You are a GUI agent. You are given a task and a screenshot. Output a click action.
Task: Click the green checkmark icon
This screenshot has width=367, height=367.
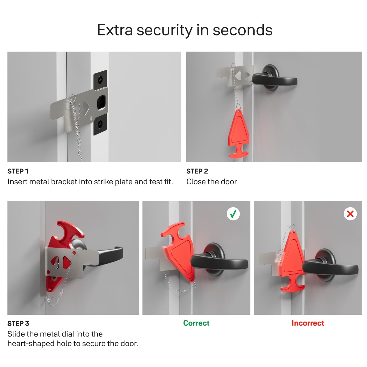(x=233, y=214)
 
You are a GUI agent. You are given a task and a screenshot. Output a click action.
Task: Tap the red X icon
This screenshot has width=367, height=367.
(x=350, y=214)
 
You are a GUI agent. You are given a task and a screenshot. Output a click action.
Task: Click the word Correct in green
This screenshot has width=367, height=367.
(x=196, y=323)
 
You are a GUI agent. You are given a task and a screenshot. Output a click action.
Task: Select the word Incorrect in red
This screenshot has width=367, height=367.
(x=307, y=323)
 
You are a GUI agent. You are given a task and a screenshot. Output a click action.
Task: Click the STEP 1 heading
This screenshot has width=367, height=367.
(x=18, y=171)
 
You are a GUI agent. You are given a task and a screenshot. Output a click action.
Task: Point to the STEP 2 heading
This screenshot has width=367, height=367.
(x=197, y=171)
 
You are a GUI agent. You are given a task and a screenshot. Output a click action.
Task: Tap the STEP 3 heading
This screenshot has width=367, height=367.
(x=18, y=323)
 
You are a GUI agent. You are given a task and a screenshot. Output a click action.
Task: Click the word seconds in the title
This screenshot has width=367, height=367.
(x=243, y=30)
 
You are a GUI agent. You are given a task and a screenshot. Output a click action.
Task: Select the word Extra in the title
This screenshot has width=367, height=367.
(x=115, y=30)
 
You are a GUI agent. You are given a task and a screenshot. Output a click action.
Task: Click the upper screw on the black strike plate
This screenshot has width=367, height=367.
(x=100, y=79)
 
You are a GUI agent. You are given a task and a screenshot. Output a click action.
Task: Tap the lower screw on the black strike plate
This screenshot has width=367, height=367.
(x=100, y=124)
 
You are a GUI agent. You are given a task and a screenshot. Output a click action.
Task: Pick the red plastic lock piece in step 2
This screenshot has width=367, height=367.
(x=238, y=133)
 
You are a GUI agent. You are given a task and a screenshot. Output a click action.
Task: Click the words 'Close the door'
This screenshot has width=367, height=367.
(x=211, y=182)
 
